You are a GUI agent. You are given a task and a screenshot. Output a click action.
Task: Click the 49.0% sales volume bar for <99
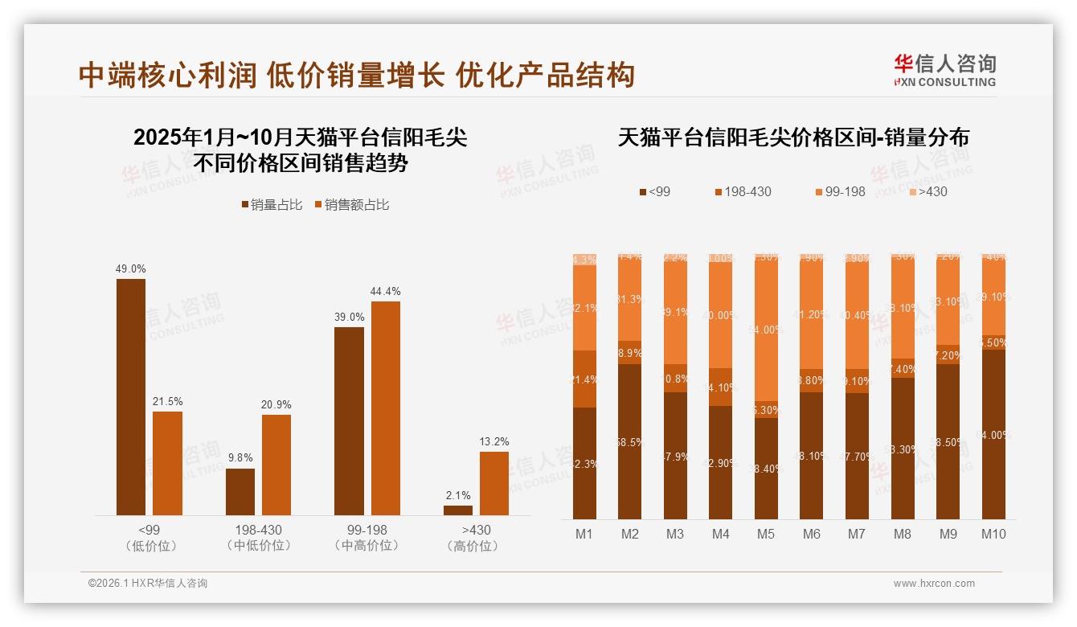click(131, 396)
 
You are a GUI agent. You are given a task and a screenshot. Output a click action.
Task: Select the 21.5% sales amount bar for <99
click(167, 463)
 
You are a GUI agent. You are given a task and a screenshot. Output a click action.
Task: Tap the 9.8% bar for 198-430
click(240, 491)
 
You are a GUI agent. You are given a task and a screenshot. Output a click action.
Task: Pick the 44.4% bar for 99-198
click(386, 408)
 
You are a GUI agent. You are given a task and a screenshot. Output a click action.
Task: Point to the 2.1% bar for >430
click(458, 510)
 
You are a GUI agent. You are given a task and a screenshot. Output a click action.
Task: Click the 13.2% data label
click(494, 441)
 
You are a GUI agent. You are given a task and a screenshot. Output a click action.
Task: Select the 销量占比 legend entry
click(272, 205)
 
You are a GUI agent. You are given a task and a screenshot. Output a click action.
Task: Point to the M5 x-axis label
click(766, 534)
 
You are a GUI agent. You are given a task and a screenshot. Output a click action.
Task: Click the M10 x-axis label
click(993, 534)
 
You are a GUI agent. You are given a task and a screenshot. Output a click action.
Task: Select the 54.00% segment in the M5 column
click(766, 330)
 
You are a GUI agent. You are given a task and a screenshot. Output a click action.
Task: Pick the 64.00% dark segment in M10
click(993, 434)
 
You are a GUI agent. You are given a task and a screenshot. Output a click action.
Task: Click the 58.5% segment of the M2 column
click(630, 441)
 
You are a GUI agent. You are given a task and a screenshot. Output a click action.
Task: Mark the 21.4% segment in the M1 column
click(584, 379)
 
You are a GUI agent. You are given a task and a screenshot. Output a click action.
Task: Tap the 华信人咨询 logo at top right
click(944, 70)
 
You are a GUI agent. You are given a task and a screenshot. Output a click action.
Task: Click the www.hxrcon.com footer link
click(934, 584)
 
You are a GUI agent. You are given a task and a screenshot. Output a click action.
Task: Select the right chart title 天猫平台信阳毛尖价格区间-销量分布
click(793, 137)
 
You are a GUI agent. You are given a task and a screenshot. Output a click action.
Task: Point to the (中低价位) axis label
click(258, 546)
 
